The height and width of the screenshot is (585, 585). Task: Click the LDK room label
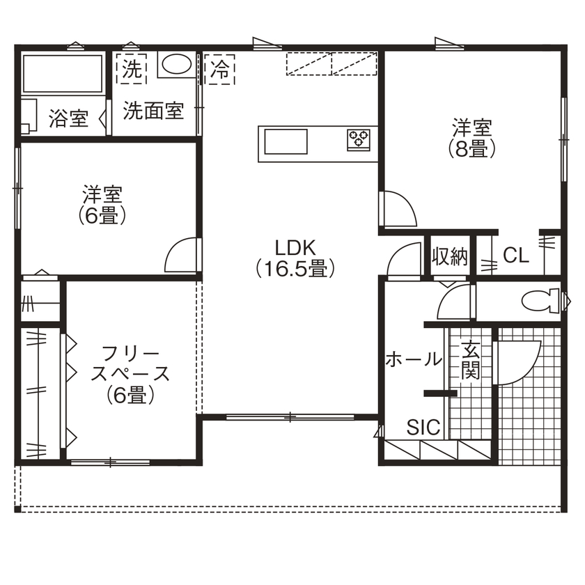click(x=295, y=248)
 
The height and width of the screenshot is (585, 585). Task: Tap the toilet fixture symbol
click(x=537, y=301)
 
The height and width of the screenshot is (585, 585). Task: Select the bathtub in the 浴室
click(x=63, y=74)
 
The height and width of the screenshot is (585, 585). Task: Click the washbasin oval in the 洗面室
click(x=176, y=64)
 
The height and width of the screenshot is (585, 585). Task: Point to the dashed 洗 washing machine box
click(x=132, y=69)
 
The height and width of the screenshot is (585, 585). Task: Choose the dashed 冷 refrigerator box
click(x=220, y=70)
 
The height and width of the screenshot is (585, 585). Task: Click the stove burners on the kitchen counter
click(x=359, y=138)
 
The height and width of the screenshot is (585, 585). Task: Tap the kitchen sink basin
click(x=286, y=141)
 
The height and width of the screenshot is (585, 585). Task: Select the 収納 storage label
click(x=450, y=256)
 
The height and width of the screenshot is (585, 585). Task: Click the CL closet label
click(x=516, y=256)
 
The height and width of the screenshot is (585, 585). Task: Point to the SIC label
click(x=423, y=427)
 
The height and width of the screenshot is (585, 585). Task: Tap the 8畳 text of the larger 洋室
click(x=472, y=148)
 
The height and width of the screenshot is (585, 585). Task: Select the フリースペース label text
click(x=130, y=364)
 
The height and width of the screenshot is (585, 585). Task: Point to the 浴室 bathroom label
click(x=69, y=119)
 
